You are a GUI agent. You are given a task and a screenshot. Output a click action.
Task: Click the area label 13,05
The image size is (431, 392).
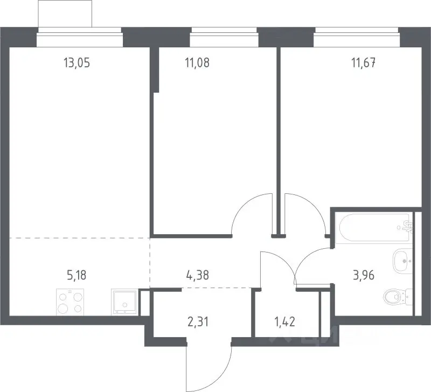pos(77,63)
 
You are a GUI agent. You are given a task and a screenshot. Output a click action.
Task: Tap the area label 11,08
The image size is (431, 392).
pos(197,63)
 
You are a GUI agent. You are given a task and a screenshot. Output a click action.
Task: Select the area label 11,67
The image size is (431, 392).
pos(363,63)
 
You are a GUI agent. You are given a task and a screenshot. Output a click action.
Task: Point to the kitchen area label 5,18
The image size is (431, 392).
pos(77,275)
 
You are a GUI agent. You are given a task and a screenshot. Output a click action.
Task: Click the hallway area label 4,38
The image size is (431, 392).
pos(197,275)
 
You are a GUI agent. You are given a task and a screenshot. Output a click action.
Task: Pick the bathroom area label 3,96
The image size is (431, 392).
pos(364,275)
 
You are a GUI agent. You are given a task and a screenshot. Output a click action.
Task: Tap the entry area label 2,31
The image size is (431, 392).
pos(198,321)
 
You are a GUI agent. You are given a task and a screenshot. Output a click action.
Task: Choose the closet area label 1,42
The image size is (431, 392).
pos(285,321)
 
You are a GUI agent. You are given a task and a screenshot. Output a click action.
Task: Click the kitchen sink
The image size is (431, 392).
pos(124,302)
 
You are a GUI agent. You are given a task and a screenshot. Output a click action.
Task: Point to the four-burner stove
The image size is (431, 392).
pos(70,302)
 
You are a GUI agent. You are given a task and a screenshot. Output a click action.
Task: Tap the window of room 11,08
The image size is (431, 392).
pos(224,37)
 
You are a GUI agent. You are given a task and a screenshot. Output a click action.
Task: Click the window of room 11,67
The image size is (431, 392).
pos(357,37)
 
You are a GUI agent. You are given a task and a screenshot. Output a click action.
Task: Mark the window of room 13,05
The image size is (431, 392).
pos(79,37)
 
